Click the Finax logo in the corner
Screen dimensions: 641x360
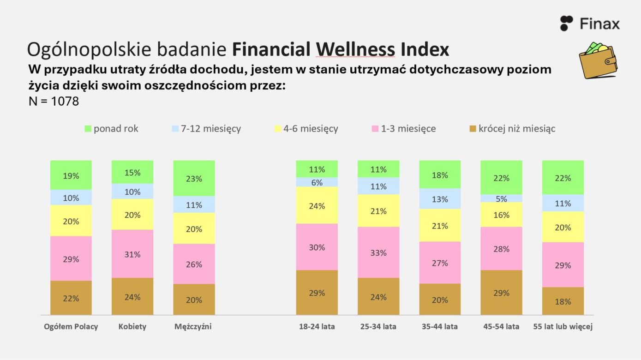(590, 23)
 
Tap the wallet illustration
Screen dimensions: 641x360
(598, 60)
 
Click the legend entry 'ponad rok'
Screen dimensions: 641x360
(111, 129)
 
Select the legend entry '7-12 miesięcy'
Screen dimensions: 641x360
(206, 129)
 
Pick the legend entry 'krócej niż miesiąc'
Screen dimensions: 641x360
(512, 129)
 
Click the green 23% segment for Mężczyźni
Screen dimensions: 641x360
(194, 178)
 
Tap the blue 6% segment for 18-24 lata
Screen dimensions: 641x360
(317, 182)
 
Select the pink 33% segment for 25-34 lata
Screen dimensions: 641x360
(378, 252)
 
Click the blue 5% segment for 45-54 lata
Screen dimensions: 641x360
(501, 198)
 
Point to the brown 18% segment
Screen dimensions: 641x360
(563, 301)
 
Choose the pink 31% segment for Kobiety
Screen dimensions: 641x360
(132, 254)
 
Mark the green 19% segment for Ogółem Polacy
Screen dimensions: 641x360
(71, 175)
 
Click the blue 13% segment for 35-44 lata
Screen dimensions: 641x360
(440, 198)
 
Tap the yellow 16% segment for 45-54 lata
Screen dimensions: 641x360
(501, 215)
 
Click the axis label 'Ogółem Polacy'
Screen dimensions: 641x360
(71, 326)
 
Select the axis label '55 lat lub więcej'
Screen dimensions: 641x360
(563, 326)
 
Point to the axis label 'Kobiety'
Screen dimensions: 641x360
(132, 326)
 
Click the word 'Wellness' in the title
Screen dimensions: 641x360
(355, 49)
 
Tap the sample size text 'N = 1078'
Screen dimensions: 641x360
(54, 101)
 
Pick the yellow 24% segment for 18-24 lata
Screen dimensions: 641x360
(317, 205)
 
